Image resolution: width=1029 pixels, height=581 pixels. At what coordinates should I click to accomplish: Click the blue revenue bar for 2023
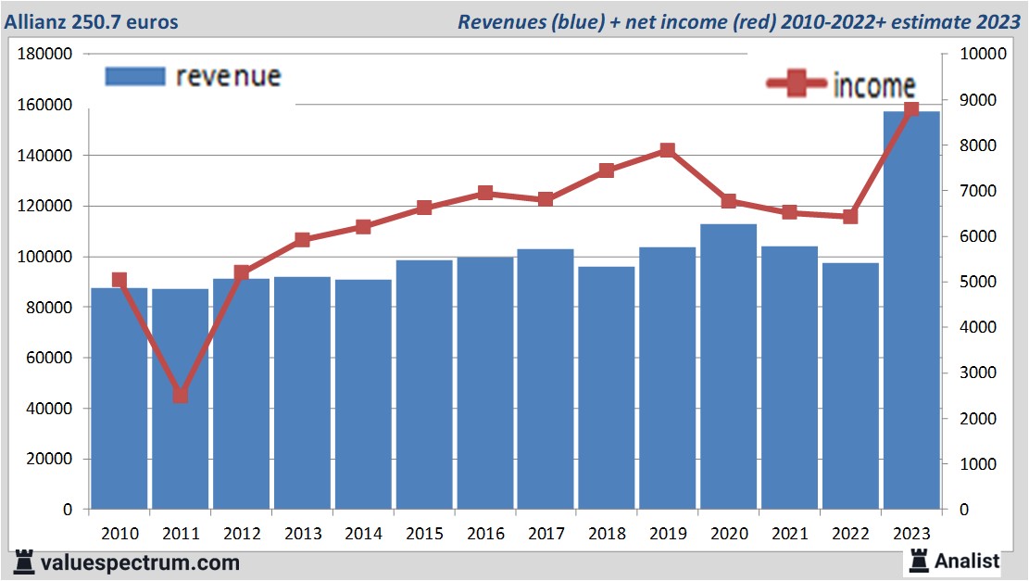(x=911, y=310)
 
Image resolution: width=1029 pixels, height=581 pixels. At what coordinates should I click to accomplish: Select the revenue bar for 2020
(x=729, y=366)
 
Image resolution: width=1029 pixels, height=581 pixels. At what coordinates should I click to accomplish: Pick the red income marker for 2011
(x=181, y=396)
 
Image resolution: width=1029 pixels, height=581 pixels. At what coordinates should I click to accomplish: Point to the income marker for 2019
(x=668, y=150)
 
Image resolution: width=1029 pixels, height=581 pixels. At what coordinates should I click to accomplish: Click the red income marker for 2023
(x=911, y=109)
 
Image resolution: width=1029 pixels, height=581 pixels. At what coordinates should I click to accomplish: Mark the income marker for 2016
(x=485, y=194)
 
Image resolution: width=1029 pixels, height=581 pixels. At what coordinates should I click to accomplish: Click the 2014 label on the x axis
(x=363, y=535)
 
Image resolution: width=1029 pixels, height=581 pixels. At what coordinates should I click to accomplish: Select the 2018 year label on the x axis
(x=607, y=535)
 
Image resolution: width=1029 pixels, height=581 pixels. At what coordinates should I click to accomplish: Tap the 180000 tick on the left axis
(x=45, y=55)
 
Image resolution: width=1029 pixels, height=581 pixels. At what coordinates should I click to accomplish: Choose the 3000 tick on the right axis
(x=978, y=373)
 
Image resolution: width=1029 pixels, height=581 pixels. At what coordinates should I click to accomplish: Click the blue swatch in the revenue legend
(x=135, y=76)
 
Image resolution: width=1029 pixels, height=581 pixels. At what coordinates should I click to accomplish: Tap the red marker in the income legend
(x=796, y=85)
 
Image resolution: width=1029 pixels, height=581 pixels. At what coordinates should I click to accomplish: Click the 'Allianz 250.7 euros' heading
(x=92, y=21)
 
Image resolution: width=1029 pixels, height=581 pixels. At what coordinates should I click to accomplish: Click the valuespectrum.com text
(x=140, y=562)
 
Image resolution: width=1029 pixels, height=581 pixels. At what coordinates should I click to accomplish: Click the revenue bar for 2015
(x=424, y=385)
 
